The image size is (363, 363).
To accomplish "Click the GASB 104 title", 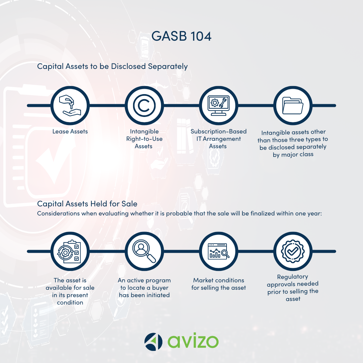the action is tap(181, 36).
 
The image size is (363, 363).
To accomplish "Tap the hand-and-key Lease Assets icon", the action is tap(70, 106).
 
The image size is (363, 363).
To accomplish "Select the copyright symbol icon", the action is tap(144, 106).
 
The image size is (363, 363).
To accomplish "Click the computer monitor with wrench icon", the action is tap(218, 106).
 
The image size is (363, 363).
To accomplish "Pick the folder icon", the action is tap(293, 106).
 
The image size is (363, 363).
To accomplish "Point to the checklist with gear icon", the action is tap(70, 251).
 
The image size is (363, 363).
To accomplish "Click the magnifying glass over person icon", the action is tap(144, 251).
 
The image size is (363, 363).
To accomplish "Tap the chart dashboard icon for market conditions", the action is tap(218, 251).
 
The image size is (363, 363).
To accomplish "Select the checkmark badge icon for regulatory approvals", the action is tap(293, 251).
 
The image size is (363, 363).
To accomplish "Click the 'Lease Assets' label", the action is tap(70, 131).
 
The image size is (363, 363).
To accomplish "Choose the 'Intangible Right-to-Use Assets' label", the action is tap(144, 139).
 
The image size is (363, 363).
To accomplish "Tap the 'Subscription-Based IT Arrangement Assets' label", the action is tap(218, 139).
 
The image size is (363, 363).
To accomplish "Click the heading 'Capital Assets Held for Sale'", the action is tap(87, 204).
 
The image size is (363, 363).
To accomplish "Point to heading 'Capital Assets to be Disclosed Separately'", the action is tap(112, 67).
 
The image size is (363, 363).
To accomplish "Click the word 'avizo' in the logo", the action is tap(193, 341).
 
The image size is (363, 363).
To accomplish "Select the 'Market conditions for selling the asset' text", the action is tap(218, 284).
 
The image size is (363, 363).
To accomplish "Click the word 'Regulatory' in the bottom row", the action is tap(293, 277).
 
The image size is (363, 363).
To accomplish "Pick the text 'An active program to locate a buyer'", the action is tap(144, 284).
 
